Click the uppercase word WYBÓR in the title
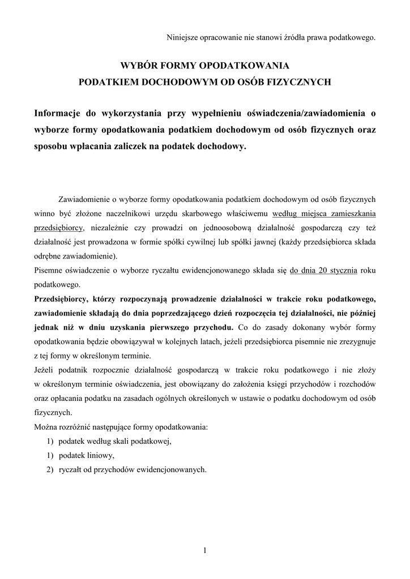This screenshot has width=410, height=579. tap(140, 65)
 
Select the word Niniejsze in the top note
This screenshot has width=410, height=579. tap(181, 38)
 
